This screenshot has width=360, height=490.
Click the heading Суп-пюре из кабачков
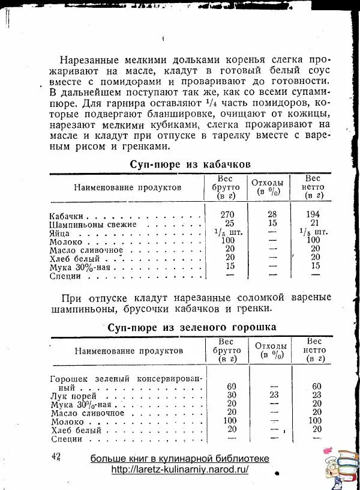(190, 164)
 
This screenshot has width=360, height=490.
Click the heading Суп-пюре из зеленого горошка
(191, 327)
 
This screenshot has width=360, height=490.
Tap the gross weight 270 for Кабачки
(229, 214)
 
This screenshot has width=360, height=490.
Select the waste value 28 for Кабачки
(272, 214)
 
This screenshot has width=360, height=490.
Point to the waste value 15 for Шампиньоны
(272, 223)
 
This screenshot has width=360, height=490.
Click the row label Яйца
(59, 232)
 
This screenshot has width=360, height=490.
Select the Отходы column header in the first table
(267, 186)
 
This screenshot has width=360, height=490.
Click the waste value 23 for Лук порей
(275, 395)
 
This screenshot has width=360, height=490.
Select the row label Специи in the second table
(65, 439)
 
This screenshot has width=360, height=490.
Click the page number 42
(57, 457)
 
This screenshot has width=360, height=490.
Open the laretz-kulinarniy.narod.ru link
(179, 470)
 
